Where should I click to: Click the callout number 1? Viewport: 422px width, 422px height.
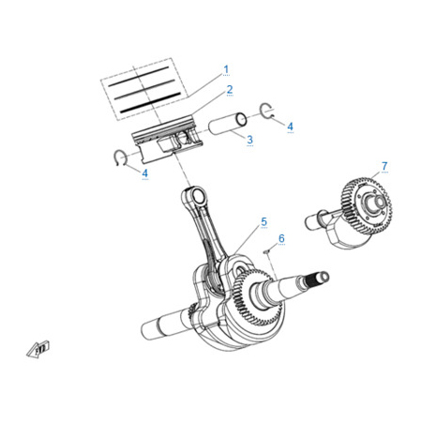[226, 69]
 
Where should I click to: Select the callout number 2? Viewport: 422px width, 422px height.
[230, 89]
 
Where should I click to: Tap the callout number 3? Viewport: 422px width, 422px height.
[249, 140]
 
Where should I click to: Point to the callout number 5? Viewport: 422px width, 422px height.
[264, 221]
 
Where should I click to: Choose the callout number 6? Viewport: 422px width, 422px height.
[281, 238]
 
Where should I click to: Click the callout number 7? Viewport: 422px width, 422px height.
[384, 166]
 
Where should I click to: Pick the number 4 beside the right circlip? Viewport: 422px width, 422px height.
[290, 127]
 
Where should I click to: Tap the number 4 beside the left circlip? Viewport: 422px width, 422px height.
[145, 173]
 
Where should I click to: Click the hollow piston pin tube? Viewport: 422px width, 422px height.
[228, 124]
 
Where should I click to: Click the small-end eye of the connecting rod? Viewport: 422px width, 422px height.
[198, 195]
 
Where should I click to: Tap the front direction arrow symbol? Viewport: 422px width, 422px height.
[38, 349]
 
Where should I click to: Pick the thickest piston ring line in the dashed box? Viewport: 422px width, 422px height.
[150, 102]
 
